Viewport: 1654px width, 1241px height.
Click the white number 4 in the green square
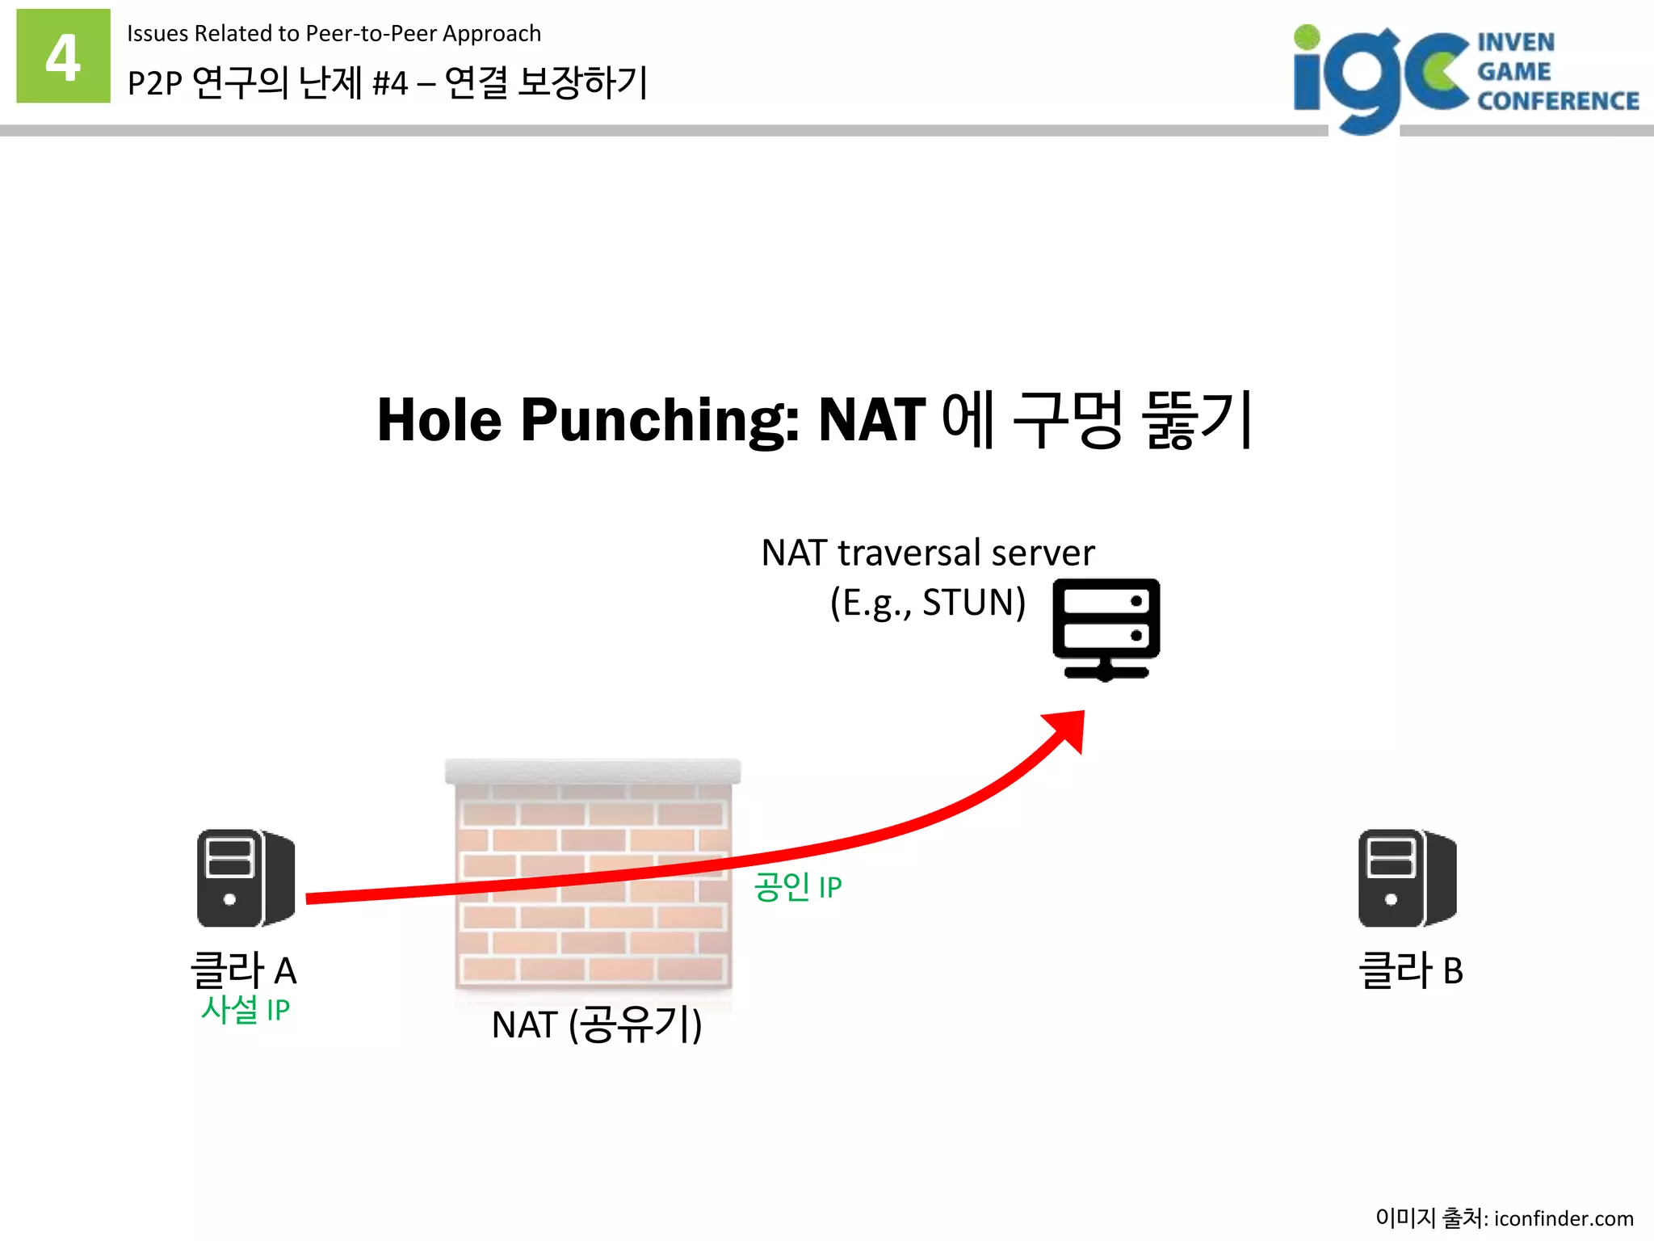coord(63,57)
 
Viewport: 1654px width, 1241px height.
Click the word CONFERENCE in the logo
coord(1558,101)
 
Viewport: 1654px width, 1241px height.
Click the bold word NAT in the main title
coord(872,420)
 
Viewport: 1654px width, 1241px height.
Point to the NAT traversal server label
coord(928,553)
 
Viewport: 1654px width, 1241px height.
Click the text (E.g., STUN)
coord(928,603)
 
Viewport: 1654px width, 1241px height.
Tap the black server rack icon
coord(1106,629)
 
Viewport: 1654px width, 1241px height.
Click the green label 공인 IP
coord(798,887)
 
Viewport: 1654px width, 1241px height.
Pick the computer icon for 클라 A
coord(246,877)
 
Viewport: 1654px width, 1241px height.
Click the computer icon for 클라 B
coord(1407,877)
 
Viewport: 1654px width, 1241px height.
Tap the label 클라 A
coord(243,970)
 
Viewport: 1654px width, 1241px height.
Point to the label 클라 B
coord(1410,970)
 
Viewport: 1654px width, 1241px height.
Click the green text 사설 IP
coord(246,1010)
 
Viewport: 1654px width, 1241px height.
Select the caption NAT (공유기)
coord(597,1025)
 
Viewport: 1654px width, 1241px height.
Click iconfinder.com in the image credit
coord(1563,1218)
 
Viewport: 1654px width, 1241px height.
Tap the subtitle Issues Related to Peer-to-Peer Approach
coord(334,34)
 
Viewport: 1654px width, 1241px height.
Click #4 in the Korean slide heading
coord(390,83)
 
